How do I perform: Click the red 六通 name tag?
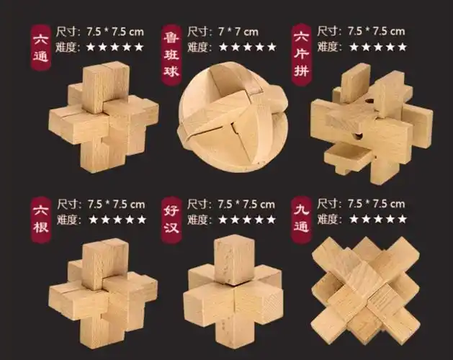pyautogui.click(x=41, y=48)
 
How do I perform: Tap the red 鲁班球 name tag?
pyautogui.click(x=171, y=55)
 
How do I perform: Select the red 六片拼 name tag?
pyautogui.click(x=301, y=55)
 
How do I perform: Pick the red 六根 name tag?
pyautogui.click(x=41, y=220)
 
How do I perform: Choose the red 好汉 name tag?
pyautogui.click(x=171, y=220)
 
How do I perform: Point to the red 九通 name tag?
pyautogui.click(x=301, y=220)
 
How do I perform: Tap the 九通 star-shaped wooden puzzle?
pyautogui.click(x=366, y=290)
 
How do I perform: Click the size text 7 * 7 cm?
pyautogui.click(x=238, y=32)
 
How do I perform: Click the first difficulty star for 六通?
pyautogui.click(x=91, y=47)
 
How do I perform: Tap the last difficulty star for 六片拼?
pyautogui.click(x=402, y=47)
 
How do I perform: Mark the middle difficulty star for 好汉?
pyautogui.click(x=247, y=220)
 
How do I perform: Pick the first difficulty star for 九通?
pyautogui.click(x=354, y=220)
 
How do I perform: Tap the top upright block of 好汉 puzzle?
pyautogui.click(x=235, y=260)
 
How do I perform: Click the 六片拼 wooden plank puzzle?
pyautogui.click(x=372, y=124)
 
